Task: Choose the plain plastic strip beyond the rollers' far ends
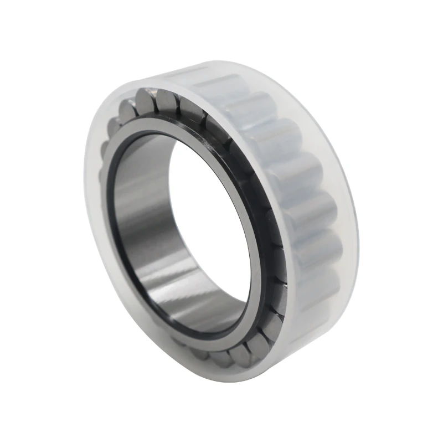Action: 343,221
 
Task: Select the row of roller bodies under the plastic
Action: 299,194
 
